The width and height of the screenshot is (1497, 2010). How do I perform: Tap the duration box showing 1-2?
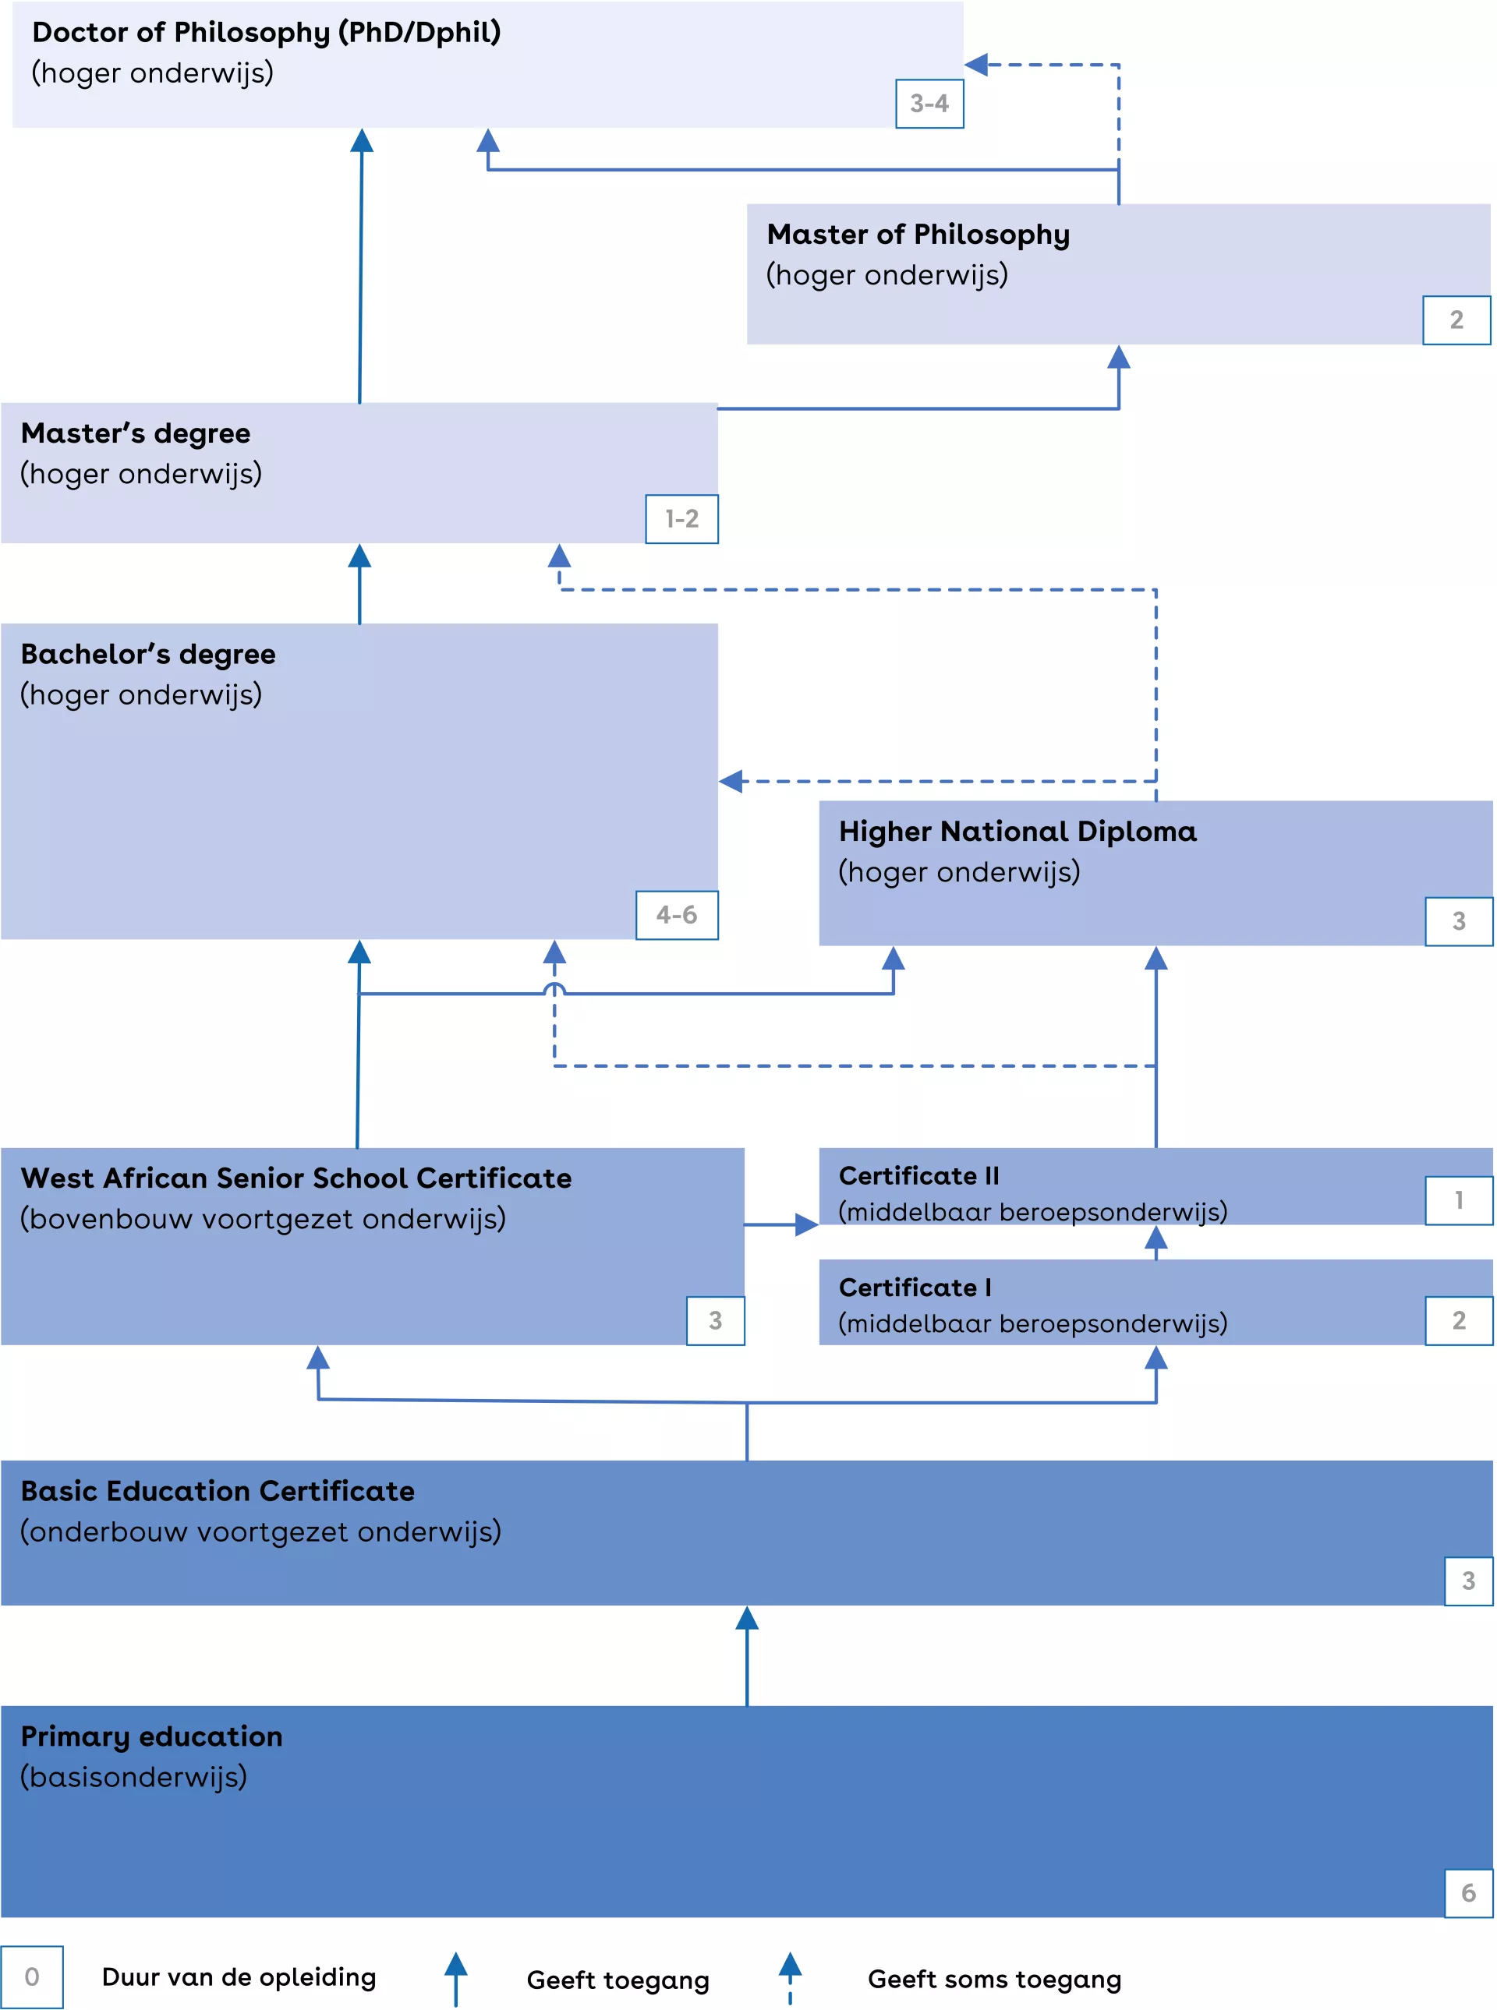click(x=681, y=519)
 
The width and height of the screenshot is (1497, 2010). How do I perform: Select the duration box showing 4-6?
click(x=677, y=915)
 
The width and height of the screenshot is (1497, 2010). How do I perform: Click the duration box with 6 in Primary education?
click(x=1468, y=1892)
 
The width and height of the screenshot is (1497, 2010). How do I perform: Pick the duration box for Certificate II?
click(x=1458, y=1200)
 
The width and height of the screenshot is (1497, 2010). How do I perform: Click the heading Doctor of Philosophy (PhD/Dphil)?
click(x=267, y=33)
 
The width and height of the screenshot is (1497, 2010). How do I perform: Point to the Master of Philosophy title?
click(x=917, y=235)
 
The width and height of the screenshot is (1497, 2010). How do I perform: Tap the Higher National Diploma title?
click(x=1017, y=832)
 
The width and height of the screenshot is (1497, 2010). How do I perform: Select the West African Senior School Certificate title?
click(x=296, y=1178)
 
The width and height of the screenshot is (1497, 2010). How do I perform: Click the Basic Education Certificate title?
click(x=218, y=1491)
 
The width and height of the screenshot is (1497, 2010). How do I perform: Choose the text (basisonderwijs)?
click(x=133, y=1776)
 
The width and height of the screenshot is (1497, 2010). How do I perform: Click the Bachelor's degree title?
click(x=147, y=654)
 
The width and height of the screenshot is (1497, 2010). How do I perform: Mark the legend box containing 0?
click(x=32, y=1976)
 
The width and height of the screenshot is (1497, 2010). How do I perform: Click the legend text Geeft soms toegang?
click(x=994, y=1979)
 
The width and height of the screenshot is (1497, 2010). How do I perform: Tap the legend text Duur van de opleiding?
click(x=239, y=1976)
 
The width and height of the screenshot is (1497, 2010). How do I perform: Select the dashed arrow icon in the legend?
click(x=789, y=1976)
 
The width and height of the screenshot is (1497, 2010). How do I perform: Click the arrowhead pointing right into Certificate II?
click(x=806, y=1224)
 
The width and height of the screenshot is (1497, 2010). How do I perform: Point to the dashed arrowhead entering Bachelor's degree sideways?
click(x=731, y=781)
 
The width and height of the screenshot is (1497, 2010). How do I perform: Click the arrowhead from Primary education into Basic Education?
click(x=747, y=1618)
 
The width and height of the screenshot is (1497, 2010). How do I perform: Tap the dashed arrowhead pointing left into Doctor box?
click(x=976, y=65)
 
